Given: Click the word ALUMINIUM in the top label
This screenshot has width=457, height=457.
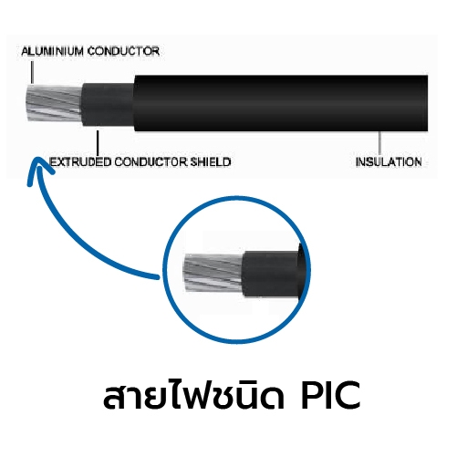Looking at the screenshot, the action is point(52,51).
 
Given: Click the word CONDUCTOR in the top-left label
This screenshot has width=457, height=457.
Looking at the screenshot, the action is point(123,51).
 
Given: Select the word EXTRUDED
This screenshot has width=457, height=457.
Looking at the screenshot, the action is point(80,162).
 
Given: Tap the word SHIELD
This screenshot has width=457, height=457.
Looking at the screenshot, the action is point(211,162).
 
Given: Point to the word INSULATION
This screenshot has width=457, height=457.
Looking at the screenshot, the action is point(389,162).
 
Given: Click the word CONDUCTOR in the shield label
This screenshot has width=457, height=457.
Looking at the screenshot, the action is point(151,162).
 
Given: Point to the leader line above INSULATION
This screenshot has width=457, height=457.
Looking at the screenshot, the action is point(379,143).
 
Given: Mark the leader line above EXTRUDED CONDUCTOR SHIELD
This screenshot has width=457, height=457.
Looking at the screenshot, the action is point(98,143).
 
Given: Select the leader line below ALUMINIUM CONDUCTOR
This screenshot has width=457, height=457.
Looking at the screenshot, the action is point(32,72).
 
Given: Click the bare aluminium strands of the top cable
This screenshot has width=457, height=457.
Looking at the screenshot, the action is point(54,103).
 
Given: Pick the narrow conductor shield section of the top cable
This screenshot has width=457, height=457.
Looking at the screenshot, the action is point(108,104).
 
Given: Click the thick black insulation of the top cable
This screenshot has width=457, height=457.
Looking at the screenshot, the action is point(281,103).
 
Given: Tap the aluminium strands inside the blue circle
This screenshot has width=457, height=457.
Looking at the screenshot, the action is point(213,273).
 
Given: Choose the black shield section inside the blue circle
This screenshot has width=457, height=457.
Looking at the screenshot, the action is point(271,275).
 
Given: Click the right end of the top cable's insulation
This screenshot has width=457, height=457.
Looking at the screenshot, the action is point(427,103).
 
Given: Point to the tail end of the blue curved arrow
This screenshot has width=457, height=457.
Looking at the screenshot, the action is point(157,276).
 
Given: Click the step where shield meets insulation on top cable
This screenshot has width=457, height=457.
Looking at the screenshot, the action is point(134,103).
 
